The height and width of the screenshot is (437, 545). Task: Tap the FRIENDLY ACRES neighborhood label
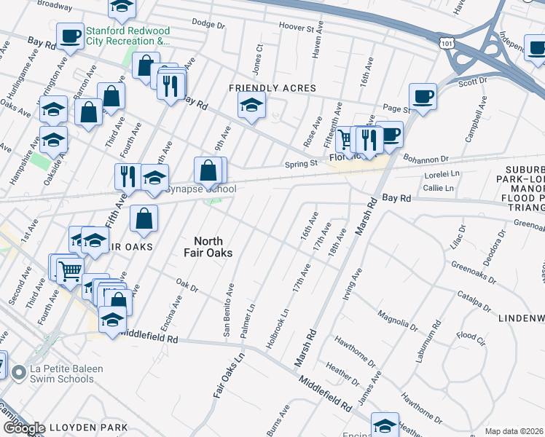[272, 88]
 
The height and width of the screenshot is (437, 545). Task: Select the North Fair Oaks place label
[213, 247]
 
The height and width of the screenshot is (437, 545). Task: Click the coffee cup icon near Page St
[423, 95]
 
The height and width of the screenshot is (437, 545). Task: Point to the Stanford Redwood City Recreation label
[128, 36]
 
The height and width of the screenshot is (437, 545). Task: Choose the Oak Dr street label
[187, 285]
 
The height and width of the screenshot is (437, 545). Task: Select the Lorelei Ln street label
[443, 175]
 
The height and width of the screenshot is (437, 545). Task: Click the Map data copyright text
[514, 431]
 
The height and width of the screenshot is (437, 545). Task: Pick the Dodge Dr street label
[208, 24]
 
